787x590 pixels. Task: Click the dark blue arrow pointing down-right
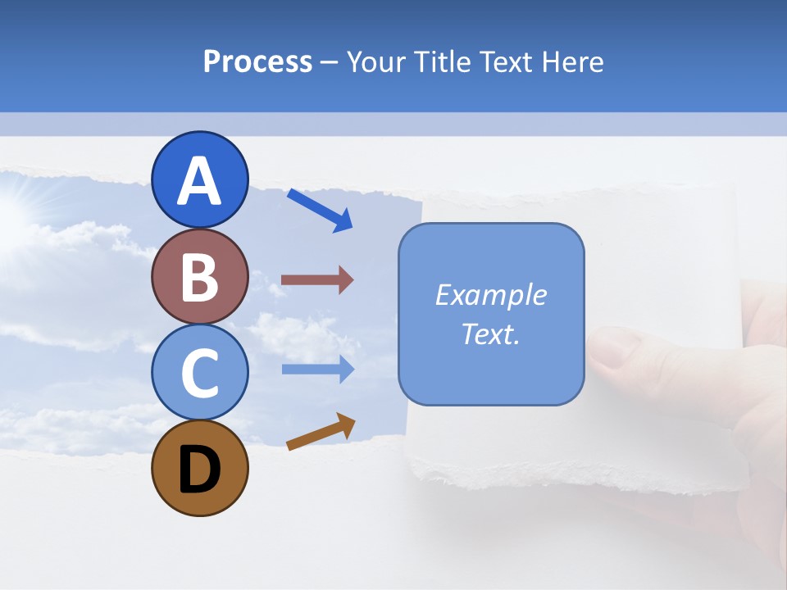[320, 210]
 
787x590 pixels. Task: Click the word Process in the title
[257, 61]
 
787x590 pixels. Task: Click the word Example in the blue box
[490, 295]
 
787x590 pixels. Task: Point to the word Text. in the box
[490, 334]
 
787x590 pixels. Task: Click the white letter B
[200, 277]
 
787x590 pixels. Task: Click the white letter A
[200, 181]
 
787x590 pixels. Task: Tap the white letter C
[200, 374]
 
